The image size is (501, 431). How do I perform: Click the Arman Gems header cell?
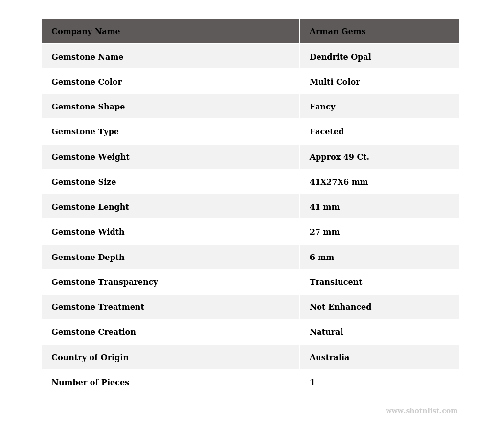pos(338,32)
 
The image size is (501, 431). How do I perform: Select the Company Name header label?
pos(86,32)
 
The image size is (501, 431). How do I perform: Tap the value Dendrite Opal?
pos(340,57)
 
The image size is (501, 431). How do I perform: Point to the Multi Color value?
pos(335,82)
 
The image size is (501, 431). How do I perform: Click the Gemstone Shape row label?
pos(88,107)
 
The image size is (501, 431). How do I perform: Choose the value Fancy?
pos(322,107)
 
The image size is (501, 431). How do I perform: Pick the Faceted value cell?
pos(326,132)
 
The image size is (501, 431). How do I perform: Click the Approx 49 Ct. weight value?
pos(339,157)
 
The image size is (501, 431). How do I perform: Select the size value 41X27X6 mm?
pos(339,182)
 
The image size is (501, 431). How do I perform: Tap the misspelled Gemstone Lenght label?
pos(90,207)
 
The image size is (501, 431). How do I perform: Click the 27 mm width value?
pos(324,232)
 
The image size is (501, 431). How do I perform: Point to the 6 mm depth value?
pos(321,258)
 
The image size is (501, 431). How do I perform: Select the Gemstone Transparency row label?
pos(104,282)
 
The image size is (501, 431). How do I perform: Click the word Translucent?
pos(336,282)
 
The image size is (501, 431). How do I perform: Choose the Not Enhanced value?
pos(340,307)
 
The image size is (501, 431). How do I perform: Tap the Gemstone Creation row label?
pos(93,332)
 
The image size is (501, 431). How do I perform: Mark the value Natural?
pos(326,332)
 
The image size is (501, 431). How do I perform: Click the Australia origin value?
pos(329,358)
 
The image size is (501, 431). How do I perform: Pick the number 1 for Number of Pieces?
pos(312,383)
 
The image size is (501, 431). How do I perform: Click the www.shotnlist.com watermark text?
pos(421,411)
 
